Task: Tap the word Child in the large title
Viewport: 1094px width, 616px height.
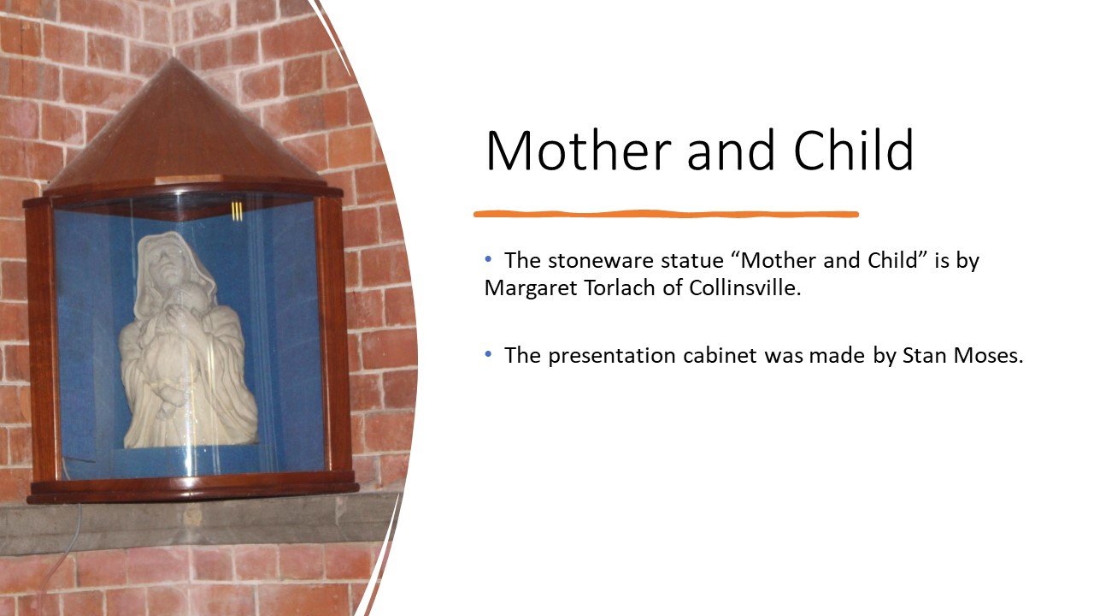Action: (x=854, y=150)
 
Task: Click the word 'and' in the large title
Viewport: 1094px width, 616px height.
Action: (x=731, y=151)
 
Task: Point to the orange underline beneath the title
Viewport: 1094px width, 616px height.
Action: (x=666, y=214)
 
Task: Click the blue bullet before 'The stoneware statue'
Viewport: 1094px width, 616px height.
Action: (x=488, y=259)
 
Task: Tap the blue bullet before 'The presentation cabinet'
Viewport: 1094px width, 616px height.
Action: (x=488, y=354)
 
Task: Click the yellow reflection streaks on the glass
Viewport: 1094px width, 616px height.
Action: (x=237, y=210)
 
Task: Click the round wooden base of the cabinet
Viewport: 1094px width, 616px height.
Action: (x=194, y=489)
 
